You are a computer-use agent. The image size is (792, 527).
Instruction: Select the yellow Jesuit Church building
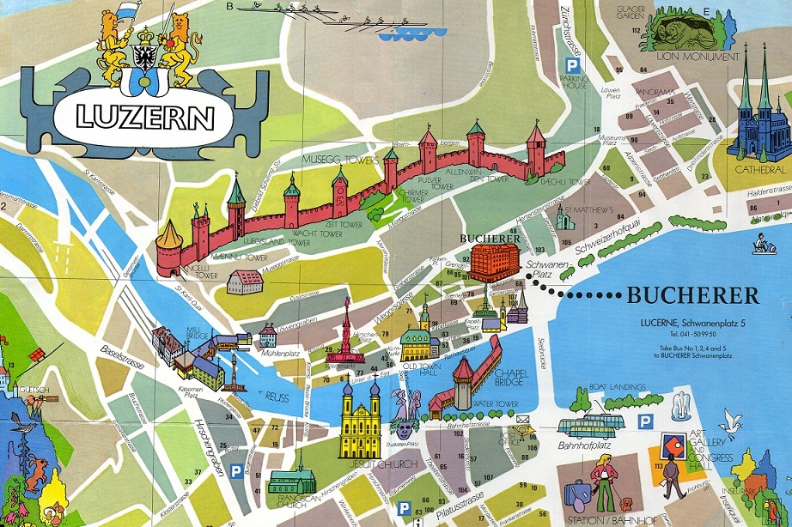point(360,421)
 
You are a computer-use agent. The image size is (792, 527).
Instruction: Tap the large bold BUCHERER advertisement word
point(692,297)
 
